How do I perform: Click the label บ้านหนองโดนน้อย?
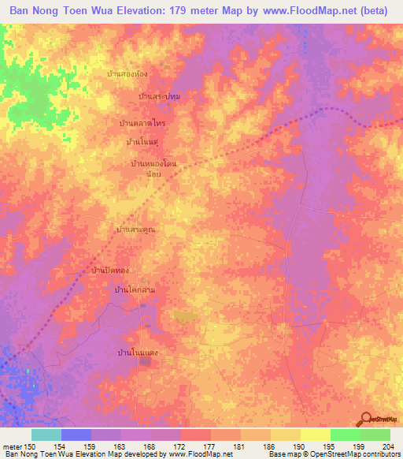coord(154,166)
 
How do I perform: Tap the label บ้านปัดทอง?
coord(110,271)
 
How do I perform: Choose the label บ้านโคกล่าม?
coord(135,290)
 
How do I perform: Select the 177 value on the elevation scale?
coord(209,446)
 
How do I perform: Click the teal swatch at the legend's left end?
coord(46,435)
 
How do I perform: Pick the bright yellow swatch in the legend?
coord(316,435)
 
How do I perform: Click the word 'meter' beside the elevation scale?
coord(12,446)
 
